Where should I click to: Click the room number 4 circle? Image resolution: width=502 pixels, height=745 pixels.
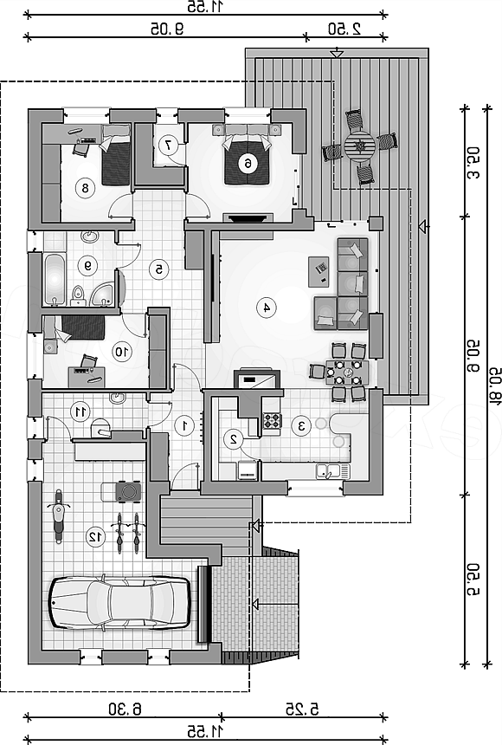point(267,308)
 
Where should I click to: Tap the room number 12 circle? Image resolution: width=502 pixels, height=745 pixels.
point(95,537)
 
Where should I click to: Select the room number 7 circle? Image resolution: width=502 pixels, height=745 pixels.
point(168,145)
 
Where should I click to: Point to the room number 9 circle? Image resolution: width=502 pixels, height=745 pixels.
point(88,266)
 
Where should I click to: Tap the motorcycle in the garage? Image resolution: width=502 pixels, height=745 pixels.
point(58,516)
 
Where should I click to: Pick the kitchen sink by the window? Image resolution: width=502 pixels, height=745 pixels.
point(333,471)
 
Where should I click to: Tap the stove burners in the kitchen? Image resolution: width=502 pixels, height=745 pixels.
point(273,421)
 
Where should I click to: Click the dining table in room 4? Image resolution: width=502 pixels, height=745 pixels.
point(347,372)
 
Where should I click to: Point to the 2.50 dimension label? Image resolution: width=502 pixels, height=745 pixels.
point(344,29)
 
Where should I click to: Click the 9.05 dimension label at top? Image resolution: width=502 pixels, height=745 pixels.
point(167,29)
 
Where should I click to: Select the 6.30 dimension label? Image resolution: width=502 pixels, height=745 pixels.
point(125,709)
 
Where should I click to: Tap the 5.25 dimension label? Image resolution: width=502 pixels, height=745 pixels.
point(302,709)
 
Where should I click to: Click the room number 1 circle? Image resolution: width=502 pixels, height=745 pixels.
point(184,425)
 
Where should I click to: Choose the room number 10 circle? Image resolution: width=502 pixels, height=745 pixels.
point(121,352)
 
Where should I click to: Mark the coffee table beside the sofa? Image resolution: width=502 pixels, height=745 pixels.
point(319,272)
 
